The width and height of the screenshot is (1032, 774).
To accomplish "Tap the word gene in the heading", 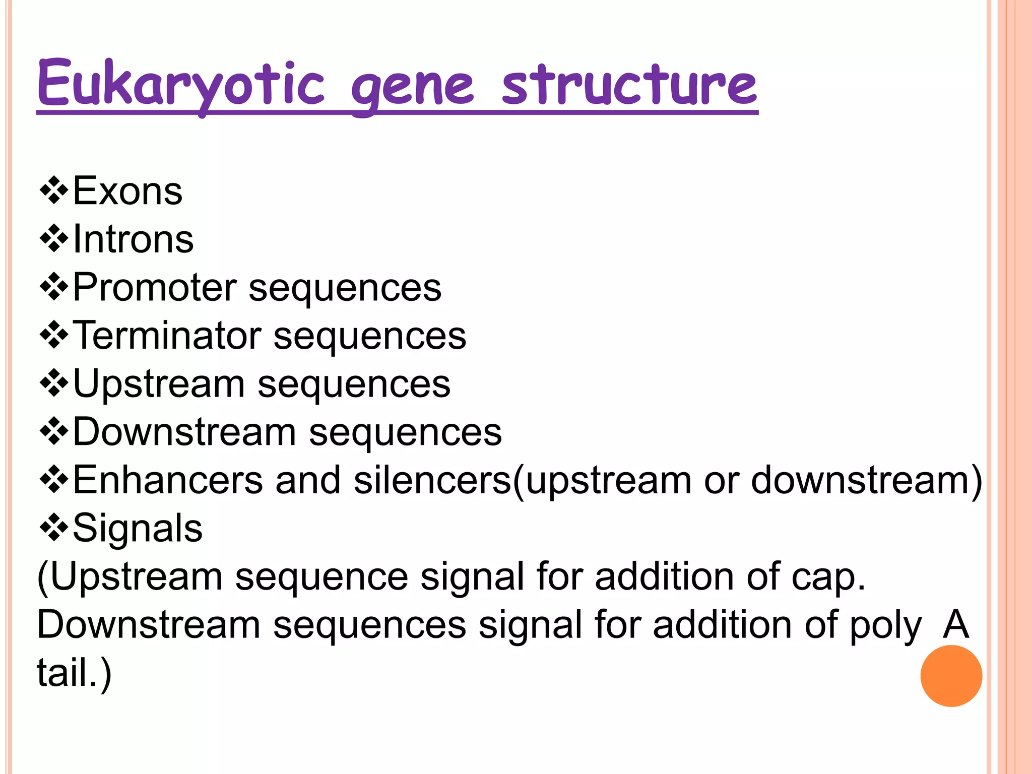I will [x=412, y=88].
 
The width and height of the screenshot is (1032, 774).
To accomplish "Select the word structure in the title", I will [x=629, y=85].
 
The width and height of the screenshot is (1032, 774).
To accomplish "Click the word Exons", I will [x=127, y=191].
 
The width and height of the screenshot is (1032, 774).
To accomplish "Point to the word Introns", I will [x=133, y=239].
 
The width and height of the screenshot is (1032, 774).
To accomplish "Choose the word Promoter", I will [x=155, y=287].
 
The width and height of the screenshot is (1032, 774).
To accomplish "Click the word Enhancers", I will [x=168, y=480].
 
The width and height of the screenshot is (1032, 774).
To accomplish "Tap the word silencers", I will [x=432, y=480].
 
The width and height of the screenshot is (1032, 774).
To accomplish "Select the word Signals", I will [x=138, y=528].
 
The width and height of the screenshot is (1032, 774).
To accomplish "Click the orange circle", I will [x=951, y=676].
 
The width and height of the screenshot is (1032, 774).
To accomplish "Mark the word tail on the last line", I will [x=68, y=673].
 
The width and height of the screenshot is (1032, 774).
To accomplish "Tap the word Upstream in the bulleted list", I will [x=159, y=384].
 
